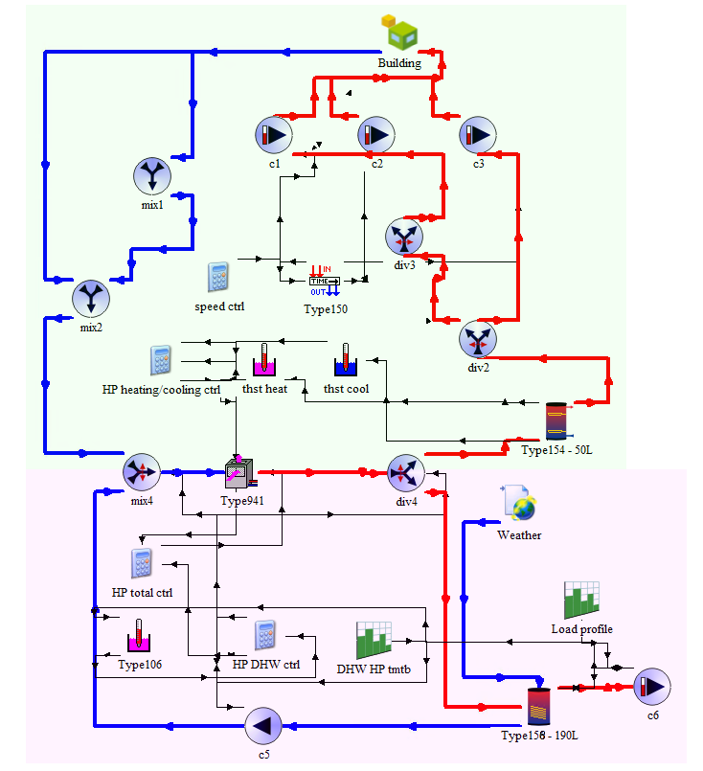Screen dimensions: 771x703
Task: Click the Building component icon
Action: point(400,34)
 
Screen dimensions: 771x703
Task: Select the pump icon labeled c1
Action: point(273,135)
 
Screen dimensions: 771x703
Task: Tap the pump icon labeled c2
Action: point(376,135)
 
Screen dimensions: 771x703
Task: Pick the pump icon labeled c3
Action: point(478,135)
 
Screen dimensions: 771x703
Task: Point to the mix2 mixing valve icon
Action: point(91,297)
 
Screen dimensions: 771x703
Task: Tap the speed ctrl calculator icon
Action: point(219,277)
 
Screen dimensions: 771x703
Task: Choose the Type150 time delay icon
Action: point(324,282)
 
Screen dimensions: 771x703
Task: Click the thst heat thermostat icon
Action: point(263,362)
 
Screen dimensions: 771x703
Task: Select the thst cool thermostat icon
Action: point(345,362)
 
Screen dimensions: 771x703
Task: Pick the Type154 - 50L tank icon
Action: point(556,421)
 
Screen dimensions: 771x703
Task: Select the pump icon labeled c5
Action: point(263,725)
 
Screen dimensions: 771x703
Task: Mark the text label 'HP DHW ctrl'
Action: point(267,664)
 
